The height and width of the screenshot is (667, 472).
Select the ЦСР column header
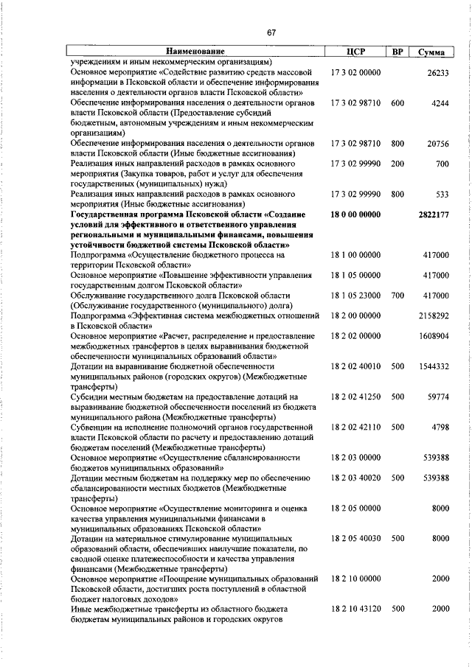pos(355,52)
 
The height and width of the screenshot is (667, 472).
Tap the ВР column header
pos(398,52)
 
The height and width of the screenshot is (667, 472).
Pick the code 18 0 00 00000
pos(355,214)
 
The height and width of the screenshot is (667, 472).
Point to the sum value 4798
pos(440,426)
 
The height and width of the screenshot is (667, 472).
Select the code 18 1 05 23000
pos(355,295)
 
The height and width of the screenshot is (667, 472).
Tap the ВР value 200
pos(398,164)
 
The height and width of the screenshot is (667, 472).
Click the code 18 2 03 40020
pos(355,477)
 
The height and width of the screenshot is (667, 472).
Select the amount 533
pos(442,194)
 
